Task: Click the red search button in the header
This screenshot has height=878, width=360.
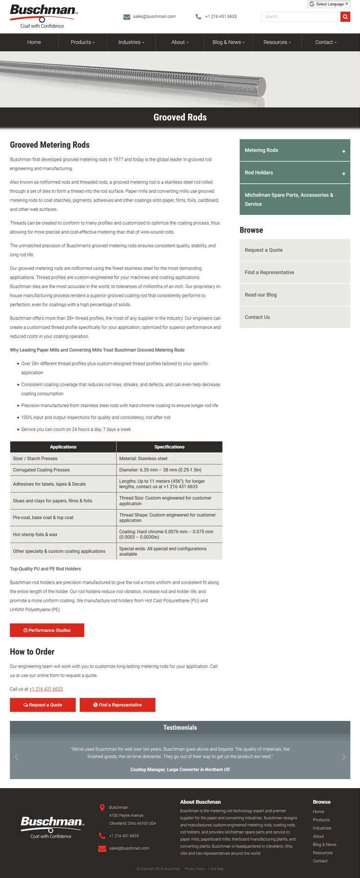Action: click(x=345, y=17)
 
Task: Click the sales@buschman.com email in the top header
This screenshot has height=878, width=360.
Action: click(x=154, y=17)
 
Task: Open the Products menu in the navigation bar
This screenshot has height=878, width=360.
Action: click(x=82, y=42)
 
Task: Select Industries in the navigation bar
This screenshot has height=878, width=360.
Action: click(x=131, y=42)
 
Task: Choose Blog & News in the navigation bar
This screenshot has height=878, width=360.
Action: click(x=228, y=42)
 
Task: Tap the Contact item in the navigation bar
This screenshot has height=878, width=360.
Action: click(x=326, y=42)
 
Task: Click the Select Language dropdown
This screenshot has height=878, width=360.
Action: click(x=329, y=4)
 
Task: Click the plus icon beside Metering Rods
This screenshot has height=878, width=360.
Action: click(x=344, y=151)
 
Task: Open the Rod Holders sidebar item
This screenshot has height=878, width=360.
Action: click(x=259, y=173)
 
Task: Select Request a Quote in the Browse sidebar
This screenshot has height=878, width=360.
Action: click(x=264, y=250)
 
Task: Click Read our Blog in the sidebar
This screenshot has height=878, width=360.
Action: click(x=261, y=295)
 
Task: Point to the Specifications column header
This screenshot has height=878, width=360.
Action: click(x=169, y=447)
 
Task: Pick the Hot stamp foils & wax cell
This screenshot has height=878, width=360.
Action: click(x=35, y=534)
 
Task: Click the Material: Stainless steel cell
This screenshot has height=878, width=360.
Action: click(x=143, y=458)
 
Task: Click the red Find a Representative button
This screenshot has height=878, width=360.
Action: click(x=117, y=705)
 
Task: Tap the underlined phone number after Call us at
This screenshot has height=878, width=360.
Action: click(x=46, y=689)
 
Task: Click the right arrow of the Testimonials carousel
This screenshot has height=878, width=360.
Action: click(x=344, y=757)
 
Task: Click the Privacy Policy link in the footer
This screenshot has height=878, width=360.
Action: click(x=195, y=869)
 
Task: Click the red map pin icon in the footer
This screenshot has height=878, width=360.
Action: click(x=102, y=808)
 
